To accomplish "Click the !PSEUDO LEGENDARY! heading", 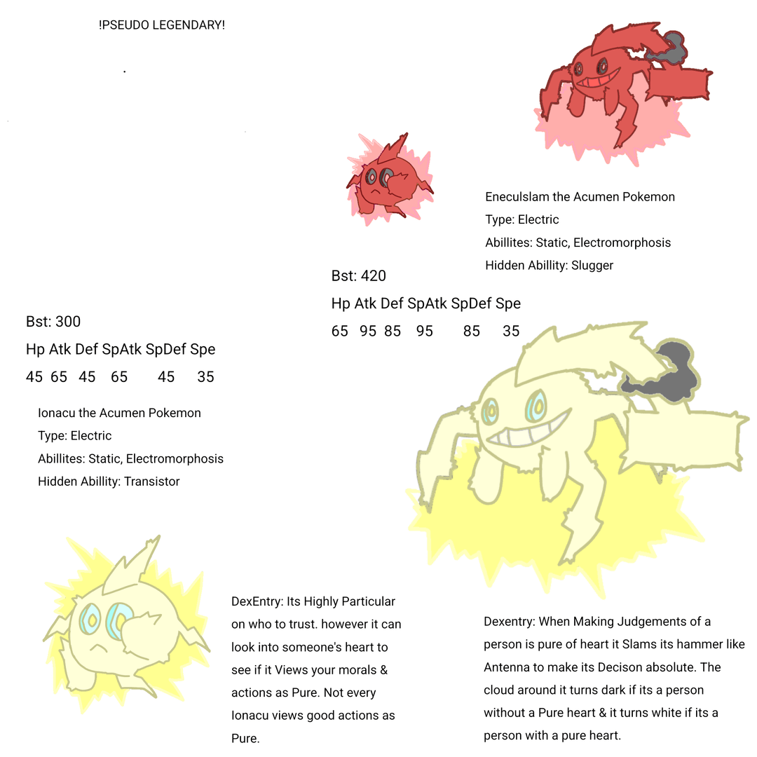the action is [162, 25].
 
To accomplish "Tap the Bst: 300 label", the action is [53, 322].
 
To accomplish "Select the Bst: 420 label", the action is [358, 275].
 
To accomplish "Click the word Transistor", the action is [151, 482].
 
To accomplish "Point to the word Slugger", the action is [592, 266].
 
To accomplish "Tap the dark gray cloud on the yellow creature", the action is [660, 371].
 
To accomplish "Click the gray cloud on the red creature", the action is [669, 48].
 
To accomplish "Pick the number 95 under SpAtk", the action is [424, 331].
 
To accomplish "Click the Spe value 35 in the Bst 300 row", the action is [205, 377].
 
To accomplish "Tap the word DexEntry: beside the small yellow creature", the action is [257, 601].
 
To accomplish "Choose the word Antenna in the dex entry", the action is [507, 667].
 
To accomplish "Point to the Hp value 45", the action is [34, 377].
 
